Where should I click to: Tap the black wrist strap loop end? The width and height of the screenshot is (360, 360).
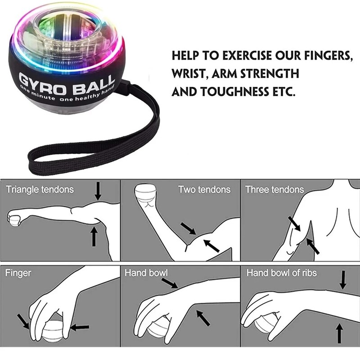point(36,162)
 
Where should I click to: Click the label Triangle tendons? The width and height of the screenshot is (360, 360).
point(40,189)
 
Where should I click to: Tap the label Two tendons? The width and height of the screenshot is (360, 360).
point(204,189)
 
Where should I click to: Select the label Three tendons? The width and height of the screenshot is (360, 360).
point(274,189)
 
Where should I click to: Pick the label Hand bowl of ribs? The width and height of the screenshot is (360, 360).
point(281,273)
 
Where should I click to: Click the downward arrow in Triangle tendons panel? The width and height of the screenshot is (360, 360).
point(99,192)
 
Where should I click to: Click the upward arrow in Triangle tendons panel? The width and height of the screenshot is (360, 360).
point(94,237)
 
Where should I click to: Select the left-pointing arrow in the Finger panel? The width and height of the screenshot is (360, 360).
point(80,327)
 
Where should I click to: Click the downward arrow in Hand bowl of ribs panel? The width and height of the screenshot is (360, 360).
point(343,279)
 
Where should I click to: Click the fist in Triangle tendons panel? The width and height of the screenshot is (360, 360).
point(14,219)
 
